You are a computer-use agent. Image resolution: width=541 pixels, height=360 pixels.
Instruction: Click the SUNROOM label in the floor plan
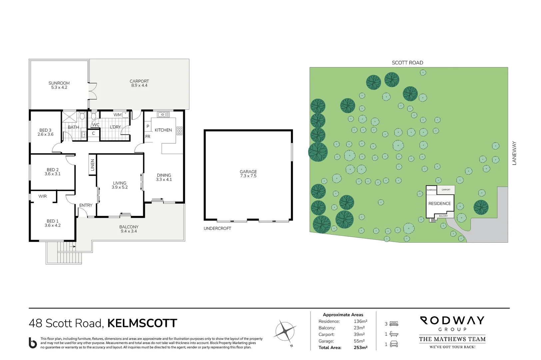tap(59, 83)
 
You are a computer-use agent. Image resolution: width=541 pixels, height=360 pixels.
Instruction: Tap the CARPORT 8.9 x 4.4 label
tap(139, 83)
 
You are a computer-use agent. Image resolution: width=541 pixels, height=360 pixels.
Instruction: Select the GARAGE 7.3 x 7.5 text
tap(248, 174)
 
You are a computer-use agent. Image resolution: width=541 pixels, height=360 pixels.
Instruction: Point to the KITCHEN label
tap(163, 130)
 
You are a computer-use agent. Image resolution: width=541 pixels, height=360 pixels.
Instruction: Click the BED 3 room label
tap(45, 130)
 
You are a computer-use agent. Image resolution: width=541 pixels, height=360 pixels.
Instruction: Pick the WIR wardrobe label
tap(43, 196)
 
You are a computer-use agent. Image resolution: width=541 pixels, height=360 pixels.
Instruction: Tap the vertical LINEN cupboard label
tap(93, 165)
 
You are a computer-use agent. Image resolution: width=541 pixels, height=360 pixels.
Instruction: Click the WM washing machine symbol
tap(125, 114)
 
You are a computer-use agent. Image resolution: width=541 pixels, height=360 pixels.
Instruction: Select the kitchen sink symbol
tap(163, 115)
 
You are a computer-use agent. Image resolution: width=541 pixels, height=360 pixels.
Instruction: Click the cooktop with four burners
tap(180, 131)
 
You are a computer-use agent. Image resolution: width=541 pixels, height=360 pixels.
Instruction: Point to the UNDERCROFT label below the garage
tap(217, 228)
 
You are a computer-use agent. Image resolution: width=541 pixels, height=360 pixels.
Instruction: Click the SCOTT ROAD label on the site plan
tap(407, 63)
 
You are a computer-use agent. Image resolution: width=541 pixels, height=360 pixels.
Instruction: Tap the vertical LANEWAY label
tap(514, 153)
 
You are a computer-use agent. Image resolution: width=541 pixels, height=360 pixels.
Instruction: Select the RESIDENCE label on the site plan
tap(439, 204)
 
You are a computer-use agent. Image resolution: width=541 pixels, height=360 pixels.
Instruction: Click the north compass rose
tap(285, 331)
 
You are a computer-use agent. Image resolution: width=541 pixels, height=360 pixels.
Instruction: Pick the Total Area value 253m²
tap(360, 348)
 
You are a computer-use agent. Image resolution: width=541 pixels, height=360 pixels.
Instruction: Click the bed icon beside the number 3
tap(394, 324)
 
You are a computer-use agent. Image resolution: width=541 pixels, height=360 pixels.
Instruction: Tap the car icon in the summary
tap(394, 344)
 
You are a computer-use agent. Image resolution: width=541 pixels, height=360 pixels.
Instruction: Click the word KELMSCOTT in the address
tap(142, 323)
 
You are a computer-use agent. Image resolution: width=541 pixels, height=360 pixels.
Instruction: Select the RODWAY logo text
tap(452, 321)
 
